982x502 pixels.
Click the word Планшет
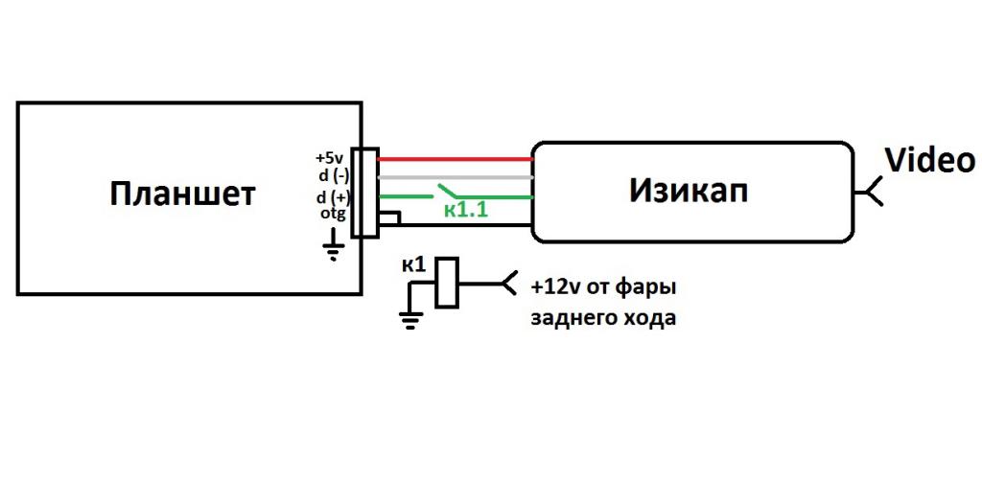(x=182, y=194)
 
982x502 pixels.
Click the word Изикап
(x=689, y=191)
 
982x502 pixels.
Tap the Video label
(x=929, y=160)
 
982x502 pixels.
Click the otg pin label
(x=332, y=213)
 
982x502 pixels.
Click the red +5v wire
(x=456, y=159)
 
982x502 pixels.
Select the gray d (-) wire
(x=456, y=177)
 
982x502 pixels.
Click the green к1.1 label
(x=465, y=210)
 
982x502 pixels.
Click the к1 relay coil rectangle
(x=446, y=283)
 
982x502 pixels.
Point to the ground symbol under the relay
(x=411, y=320)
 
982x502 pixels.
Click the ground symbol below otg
(x=334, y=251)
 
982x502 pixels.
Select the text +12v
(x=556, y=286)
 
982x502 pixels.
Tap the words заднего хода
(x=603, y=318)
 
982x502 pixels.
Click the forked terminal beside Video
(x=870, y=192)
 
